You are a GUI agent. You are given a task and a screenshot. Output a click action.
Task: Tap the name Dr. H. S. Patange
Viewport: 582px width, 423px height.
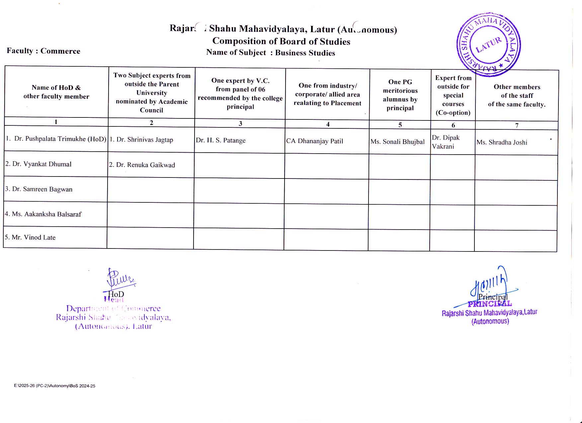(x=221, y=140)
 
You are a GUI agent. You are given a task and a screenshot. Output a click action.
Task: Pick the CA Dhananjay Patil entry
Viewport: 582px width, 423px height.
(x=314, y=141)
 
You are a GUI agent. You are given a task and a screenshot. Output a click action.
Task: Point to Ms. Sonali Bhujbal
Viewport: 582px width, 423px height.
(x=397, y=142)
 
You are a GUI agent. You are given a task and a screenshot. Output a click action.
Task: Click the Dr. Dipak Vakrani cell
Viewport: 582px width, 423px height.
(x=446, y=142)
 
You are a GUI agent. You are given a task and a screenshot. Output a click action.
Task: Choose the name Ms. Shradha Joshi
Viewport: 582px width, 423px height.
(x=502, y=142)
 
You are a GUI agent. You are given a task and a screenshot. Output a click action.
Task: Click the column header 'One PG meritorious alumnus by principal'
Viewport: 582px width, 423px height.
(x=400, y=95)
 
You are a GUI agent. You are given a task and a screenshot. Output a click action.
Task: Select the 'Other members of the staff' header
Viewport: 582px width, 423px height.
(x=517, y=96)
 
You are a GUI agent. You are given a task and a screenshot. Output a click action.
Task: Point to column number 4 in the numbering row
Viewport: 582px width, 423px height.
(x=328, y=124)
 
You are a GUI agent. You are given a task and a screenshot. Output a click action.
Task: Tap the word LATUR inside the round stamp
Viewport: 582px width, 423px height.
(x=488, y=45)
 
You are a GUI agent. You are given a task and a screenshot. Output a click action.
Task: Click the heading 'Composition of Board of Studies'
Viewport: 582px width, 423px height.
(x=281, y=41)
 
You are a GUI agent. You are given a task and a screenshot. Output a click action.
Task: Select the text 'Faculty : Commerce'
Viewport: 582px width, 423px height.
(x=43, y=51)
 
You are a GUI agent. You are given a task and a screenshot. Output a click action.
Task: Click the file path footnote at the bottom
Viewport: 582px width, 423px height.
(x=54, y=386)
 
